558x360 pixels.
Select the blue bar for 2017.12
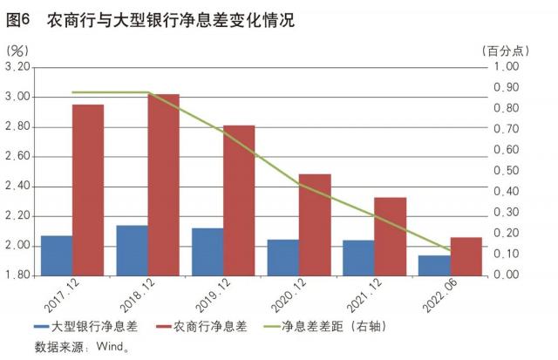[56, 255]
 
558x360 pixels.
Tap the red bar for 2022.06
[466, 256]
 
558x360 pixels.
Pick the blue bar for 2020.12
[282, 257]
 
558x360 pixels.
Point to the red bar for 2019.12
[239, 200]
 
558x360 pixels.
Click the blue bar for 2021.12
[358, 258]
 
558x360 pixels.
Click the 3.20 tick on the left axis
[17, 67]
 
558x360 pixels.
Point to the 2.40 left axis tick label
[17, 187]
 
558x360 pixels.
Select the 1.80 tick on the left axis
[17, 275]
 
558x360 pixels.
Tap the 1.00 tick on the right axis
[507, 67]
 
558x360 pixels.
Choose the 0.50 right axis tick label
[507, 171]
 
